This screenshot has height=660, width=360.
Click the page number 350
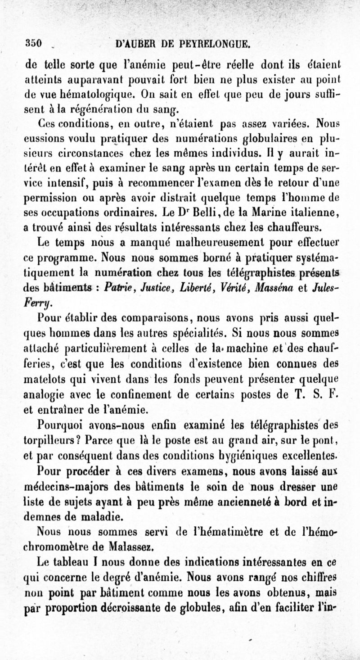(33, 45)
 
